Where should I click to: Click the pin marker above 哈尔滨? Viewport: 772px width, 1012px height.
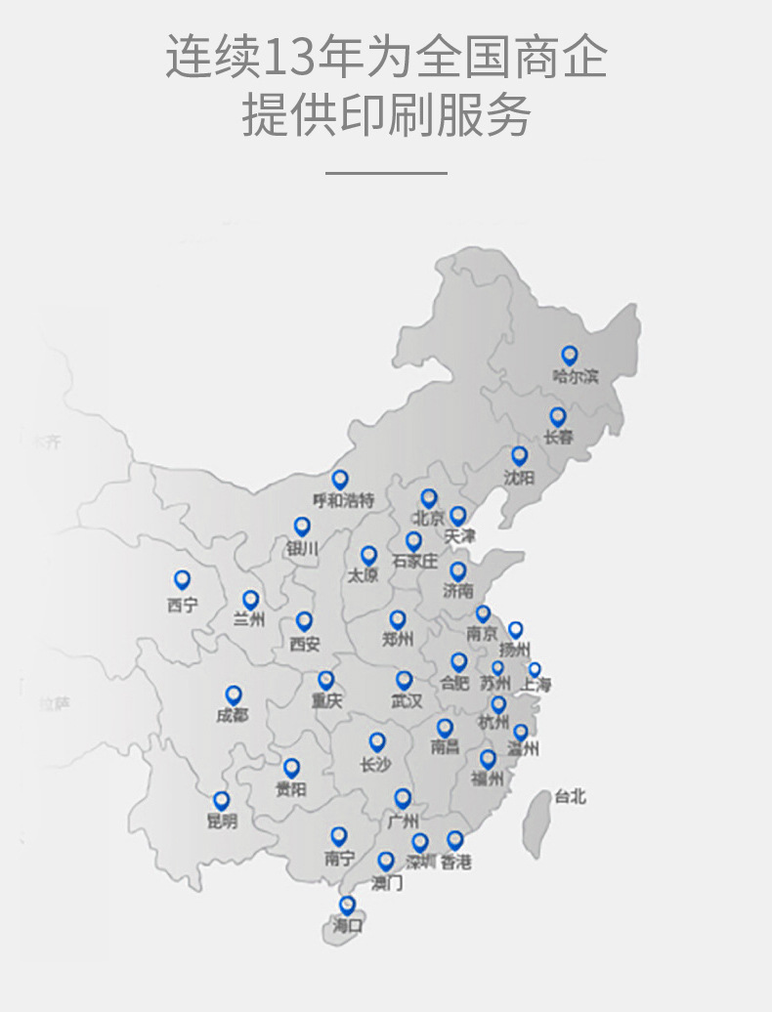tap(569, 356)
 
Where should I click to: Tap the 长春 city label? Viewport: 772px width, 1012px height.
tap(558, 438)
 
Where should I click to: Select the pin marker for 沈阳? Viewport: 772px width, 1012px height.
tap(519, 455)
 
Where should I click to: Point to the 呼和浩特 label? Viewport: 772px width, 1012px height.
tap(343, 500)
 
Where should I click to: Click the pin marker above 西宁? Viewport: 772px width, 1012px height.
tap(182, 580)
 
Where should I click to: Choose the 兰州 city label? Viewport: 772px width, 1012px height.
tap(249, 619)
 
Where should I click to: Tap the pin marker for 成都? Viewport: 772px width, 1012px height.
tap(234, 695)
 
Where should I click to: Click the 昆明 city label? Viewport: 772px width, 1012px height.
tap(222, 822)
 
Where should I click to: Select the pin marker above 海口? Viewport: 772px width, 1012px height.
tap(347, 905)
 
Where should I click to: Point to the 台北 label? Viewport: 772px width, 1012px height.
tap(570, 797)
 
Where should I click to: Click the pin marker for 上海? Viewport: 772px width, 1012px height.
tap(535, 669)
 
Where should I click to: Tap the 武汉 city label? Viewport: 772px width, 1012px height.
tap(407, 701)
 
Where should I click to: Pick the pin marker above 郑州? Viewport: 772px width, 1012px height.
tap(397, 619)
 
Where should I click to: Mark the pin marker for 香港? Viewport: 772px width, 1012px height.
tap(454, 839)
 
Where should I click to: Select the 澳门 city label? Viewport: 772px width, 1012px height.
tap(387, 883)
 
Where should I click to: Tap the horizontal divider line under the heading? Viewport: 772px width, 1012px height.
tap(386, 174)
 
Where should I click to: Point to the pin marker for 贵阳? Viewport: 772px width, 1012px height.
tap(290, 768)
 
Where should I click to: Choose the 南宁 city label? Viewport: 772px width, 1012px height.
tap(338, 859)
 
